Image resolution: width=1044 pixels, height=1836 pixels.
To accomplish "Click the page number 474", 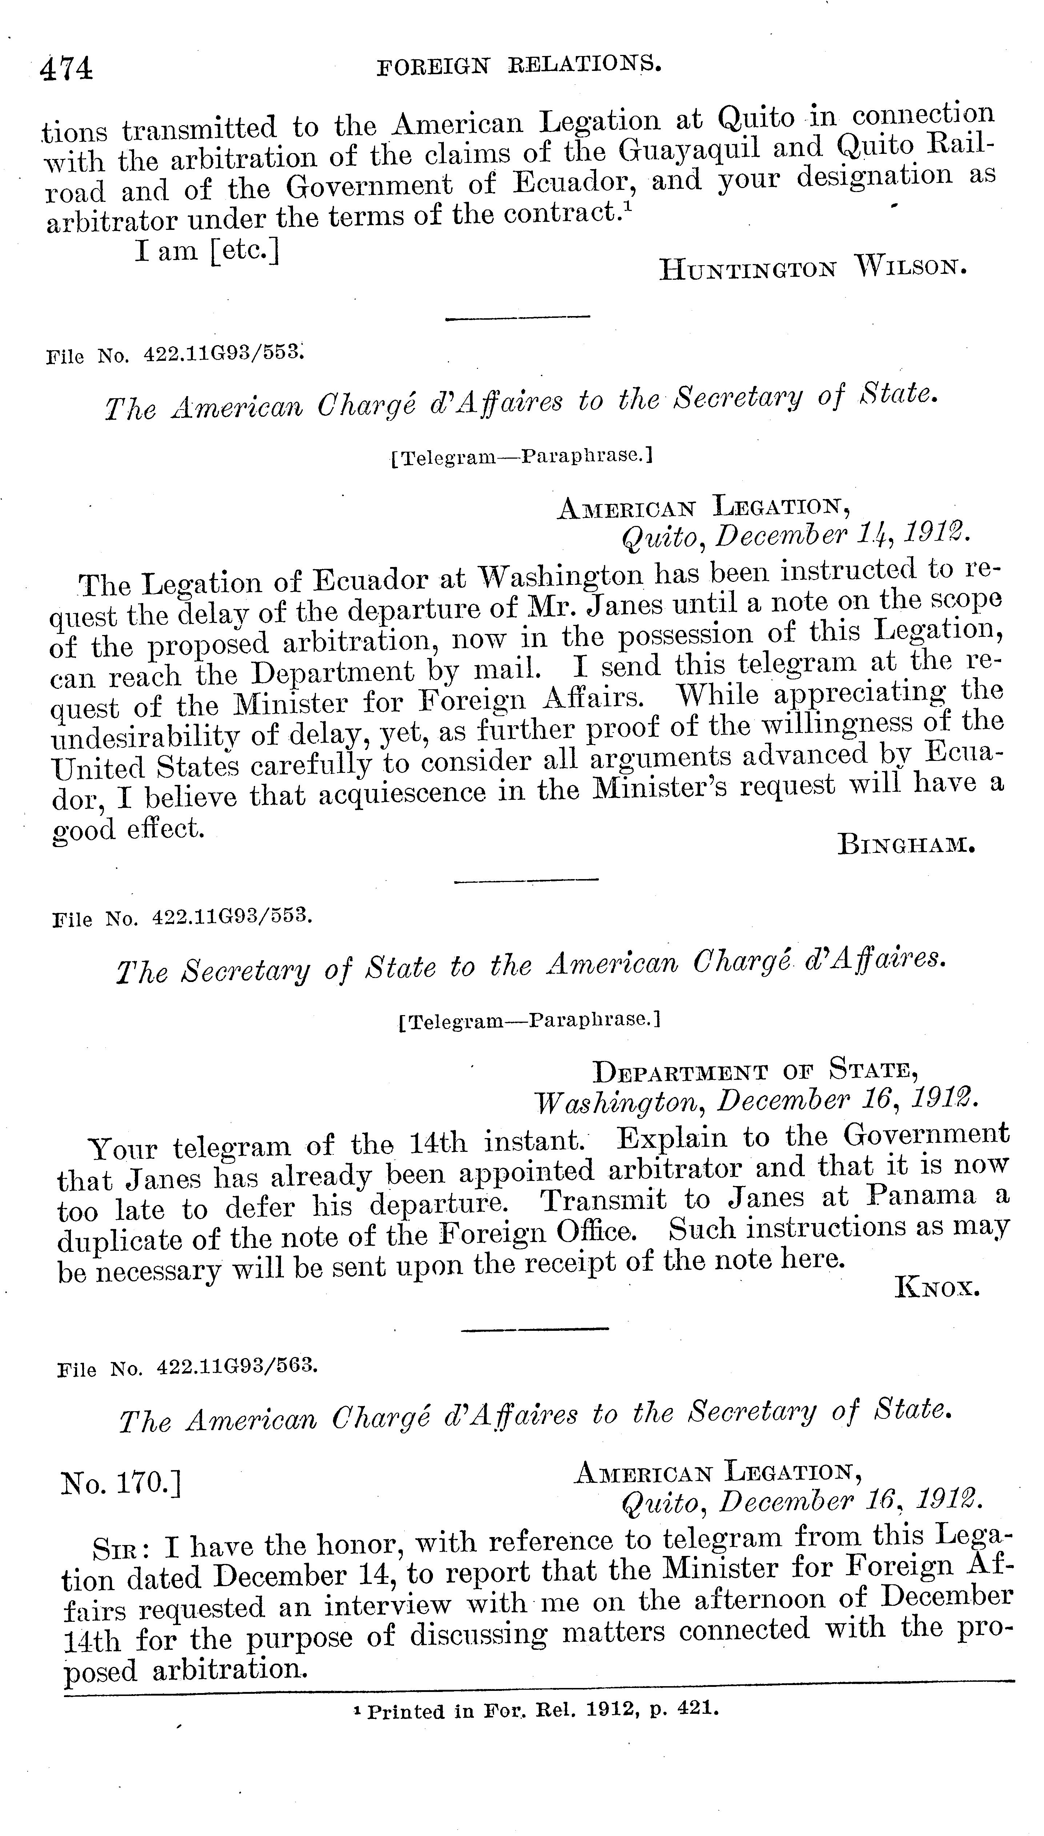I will coord(67,69).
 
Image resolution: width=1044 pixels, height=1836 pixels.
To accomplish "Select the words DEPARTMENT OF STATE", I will coord(755,1071).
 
